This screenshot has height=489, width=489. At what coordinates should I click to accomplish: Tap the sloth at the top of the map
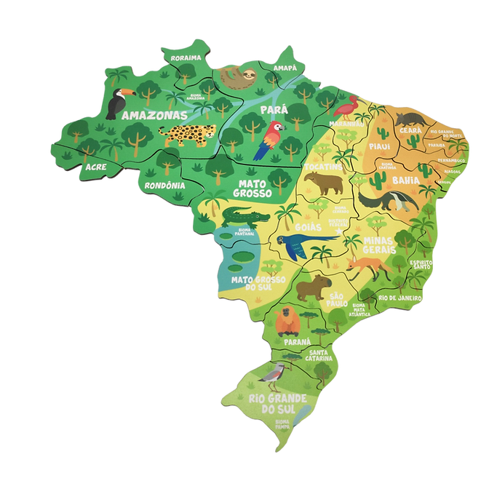click(234, 76)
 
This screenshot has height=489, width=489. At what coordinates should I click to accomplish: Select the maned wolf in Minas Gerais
click(367, 266)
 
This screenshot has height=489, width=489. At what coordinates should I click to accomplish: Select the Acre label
click(95, 167)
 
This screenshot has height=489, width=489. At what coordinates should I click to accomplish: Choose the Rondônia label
click(164, 186)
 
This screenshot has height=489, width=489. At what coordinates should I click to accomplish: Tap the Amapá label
click(285, 68)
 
